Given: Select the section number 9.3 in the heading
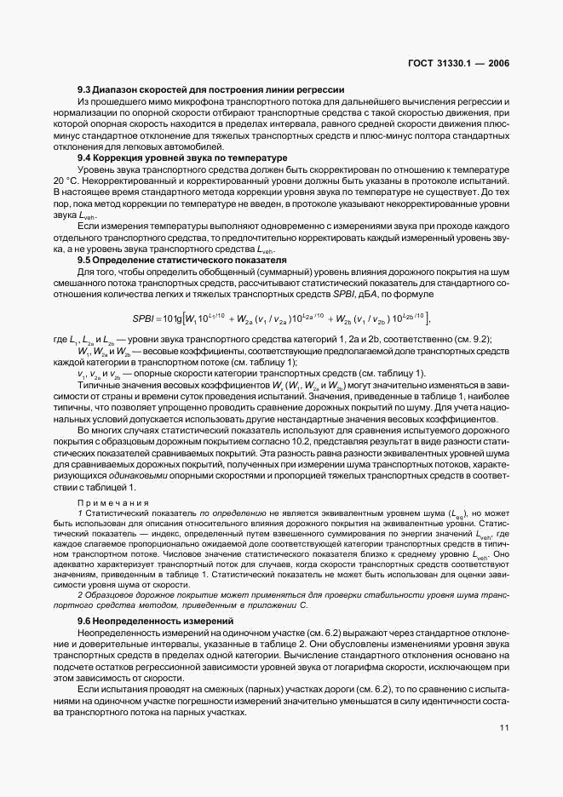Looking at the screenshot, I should click(x=86, y=89).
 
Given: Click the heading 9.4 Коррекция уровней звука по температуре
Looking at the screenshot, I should click(x=182, y=158).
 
